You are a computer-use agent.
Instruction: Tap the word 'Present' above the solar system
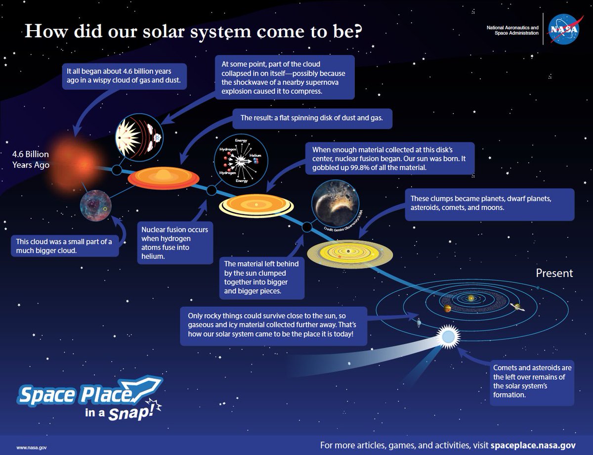click(x=554, y=273)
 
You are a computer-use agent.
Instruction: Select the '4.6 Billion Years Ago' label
click(x=31, y=159)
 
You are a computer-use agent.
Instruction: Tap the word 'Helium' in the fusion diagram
click(x=255, y=155)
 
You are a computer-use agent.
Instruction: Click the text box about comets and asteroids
click(x=532, y=381)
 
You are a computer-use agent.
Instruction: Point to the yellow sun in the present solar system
click(x=471, y=298)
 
